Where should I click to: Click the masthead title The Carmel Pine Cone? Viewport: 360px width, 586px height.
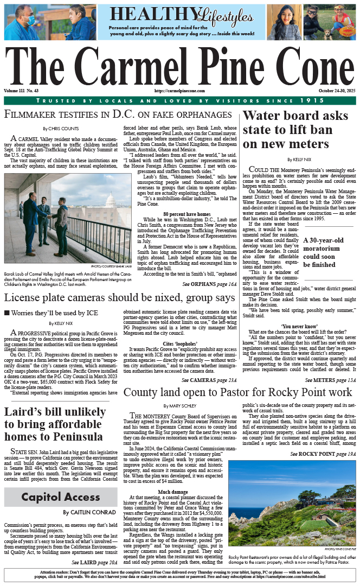click(180, 65)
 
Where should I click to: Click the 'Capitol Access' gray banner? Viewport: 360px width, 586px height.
click(61, 496)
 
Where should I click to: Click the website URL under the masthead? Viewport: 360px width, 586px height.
click(179, 91)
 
